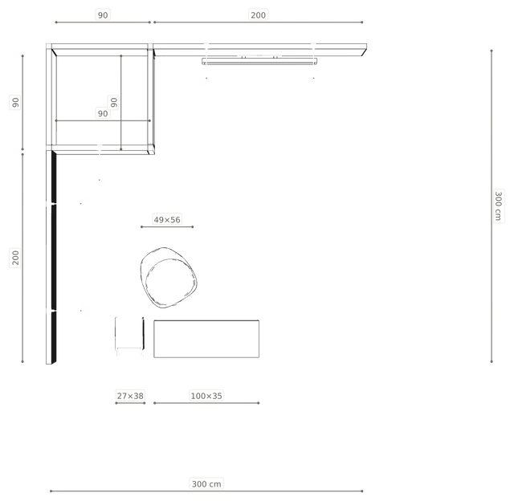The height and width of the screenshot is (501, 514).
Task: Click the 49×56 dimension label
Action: click(x=167, y=219)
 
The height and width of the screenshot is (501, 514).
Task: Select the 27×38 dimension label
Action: click(x=130, y=396)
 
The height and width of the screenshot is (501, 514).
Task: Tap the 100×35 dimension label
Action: click(x=206, y=396)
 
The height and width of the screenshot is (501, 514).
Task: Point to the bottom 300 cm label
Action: click(x=206, y=484)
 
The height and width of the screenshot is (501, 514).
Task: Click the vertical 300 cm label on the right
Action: click(x=498, y=206)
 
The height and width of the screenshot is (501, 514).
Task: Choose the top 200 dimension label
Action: click(x=259, y=15)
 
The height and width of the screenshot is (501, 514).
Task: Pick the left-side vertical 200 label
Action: click(x=15, y=258)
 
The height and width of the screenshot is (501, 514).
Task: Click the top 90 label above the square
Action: click(x=103, y=15)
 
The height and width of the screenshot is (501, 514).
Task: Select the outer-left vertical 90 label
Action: click(x=15, y=103)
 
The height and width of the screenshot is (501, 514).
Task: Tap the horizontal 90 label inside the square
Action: click(x=103, y=113)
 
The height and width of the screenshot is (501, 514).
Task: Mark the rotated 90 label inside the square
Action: click(x=114, y=102)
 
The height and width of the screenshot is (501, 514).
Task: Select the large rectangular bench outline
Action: click(x=206, y=321)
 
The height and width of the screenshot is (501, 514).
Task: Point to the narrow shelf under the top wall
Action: click(x=259, y=61)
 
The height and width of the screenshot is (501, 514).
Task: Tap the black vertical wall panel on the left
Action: click(x=54, y=257)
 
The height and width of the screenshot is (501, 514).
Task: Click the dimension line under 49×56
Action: click(x=167, y=226)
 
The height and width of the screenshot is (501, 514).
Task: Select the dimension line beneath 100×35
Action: click(x=206, y=403)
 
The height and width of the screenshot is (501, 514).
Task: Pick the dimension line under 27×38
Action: click(x=130, y=403)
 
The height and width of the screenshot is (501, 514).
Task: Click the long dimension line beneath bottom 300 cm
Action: click(x=206, y=491)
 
